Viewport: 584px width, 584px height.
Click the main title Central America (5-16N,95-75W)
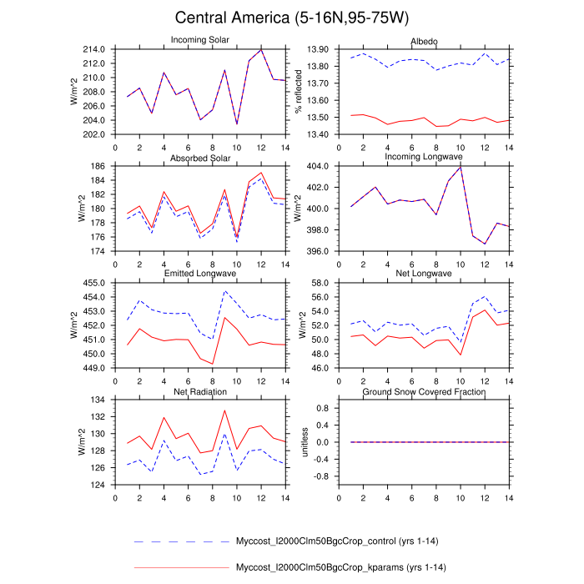click(292, 18)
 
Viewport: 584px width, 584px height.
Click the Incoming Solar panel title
click(199, 41)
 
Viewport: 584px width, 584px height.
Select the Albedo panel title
click(424, 41)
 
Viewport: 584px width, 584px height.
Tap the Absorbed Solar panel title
click(199, 159)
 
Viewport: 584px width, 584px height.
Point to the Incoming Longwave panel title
click(424, 159)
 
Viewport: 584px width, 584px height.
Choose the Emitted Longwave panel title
click(199, 274)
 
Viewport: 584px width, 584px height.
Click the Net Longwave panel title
click(424, 274)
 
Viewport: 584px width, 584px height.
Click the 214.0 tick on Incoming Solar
click(93, 49)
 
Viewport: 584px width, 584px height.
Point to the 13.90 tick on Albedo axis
click(318, 49)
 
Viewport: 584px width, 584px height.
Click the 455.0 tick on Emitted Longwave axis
click(93, 284)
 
